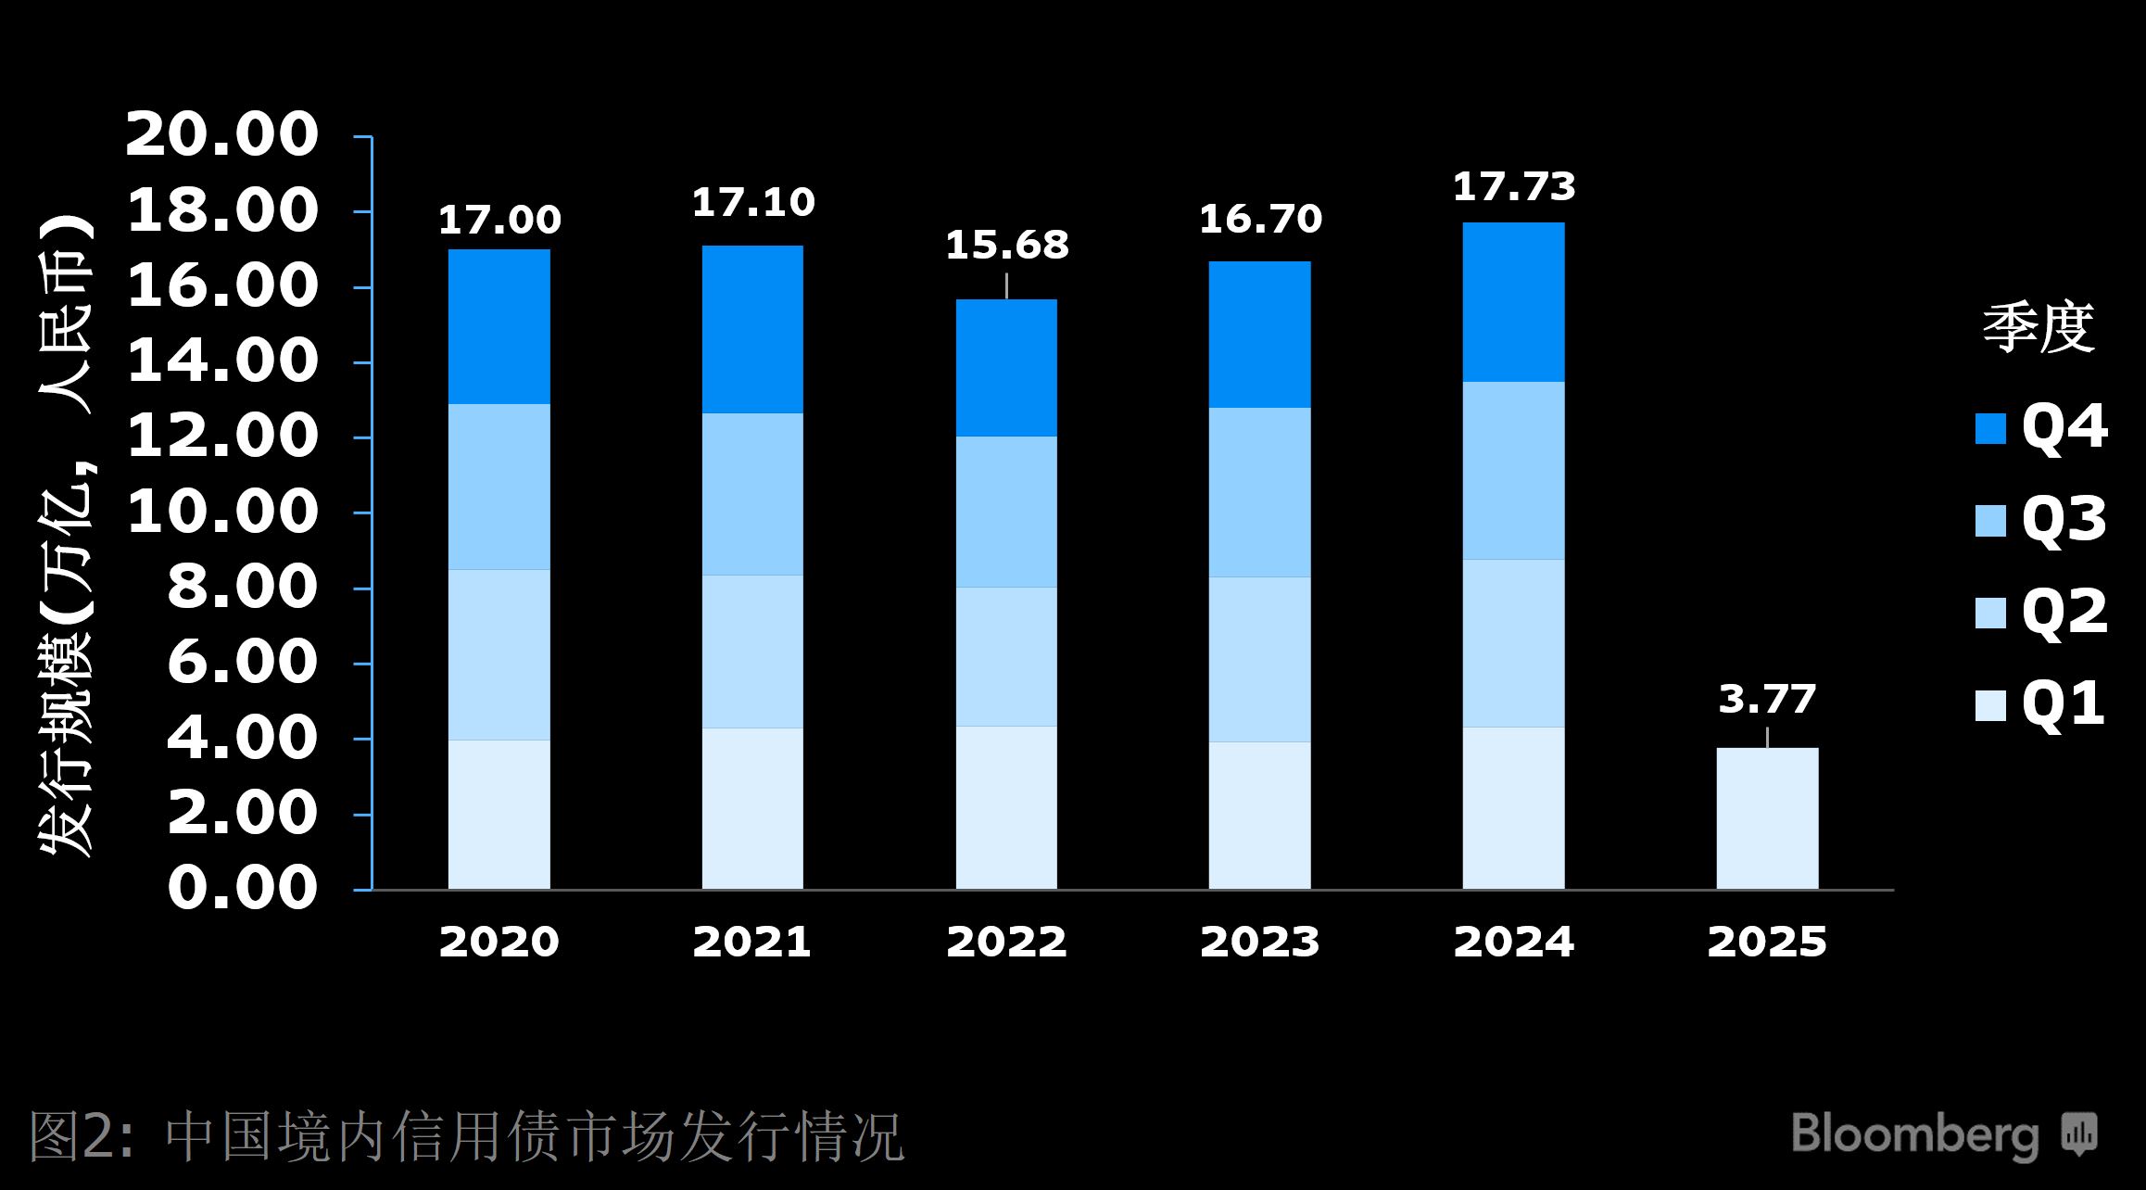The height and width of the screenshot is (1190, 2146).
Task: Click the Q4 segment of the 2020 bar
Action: tap(499, 326)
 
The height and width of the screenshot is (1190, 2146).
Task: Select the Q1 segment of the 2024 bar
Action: tap(1513, 808)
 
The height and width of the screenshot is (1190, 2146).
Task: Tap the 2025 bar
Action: tap(1767, 818)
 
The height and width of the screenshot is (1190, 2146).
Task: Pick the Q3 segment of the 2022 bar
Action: tap(1006, 512)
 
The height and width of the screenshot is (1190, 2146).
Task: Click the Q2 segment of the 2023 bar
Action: tap(1259, 659)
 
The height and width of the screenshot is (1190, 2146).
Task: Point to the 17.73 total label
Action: tap(1513, 187)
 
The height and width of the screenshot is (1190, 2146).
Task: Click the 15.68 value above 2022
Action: tap(1006, 246)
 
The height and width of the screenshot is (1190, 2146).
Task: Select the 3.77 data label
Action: tap(1767, 699)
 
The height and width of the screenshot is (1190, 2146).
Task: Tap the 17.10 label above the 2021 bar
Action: tap(752, 203)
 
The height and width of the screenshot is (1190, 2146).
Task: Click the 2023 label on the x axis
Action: tap(1259, 943)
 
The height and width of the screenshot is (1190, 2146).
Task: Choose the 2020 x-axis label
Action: tap(499, 943)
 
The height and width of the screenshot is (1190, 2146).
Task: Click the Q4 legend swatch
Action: tap(1990, 428)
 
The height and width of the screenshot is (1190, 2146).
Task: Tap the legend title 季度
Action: tap(2039, 328)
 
